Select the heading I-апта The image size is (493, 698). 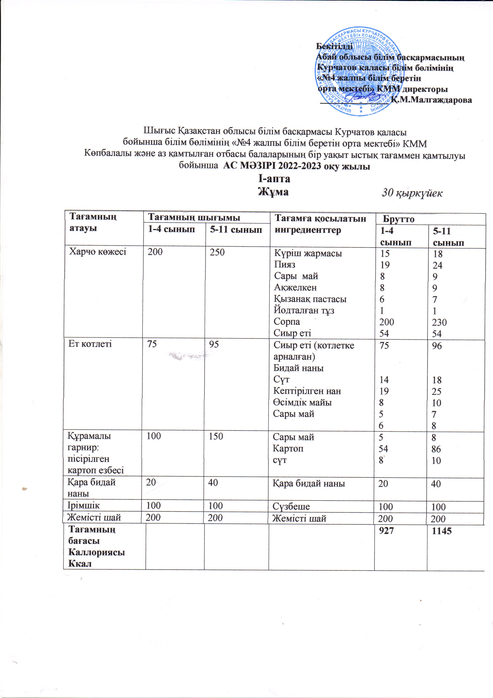tap(274, 179)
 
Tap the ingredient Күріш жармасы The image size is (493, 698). tap(308, 253)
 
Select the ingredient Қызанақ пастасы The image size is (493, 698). tap(310, 299)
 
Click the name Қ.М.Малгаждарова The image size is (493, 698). tap(431, 100)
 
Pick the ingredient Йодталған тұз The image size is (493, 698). tap(304, 310)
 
